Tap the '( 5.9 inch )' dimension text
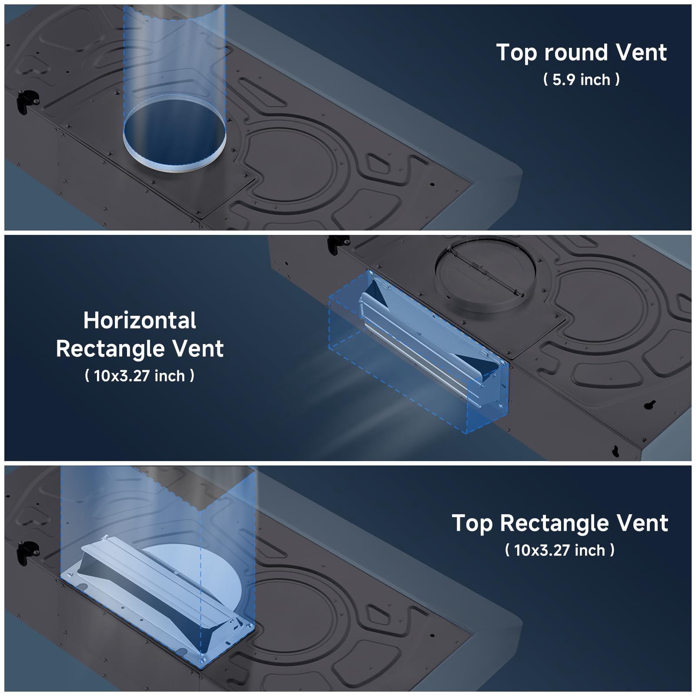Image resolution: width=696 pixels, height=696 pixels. pos(581,80)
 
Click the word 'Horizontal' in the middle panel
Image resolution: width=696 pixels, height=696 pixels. pos(140,320)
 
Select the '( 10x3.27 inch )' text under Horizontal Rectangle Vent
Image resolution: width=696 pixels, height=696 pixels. pos(140,375)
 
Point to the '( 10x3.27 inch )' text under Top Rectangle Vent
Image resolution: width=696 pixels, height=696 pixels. pos(560,550)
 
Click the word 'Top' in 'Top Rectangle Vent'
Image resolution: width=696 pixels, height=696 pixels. pos(472,523)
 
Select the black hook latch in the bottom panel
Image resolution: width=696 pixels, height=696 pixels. pos(26,551)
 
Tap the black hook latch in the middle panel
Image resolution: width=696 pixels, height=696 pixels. pos(338,244)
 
